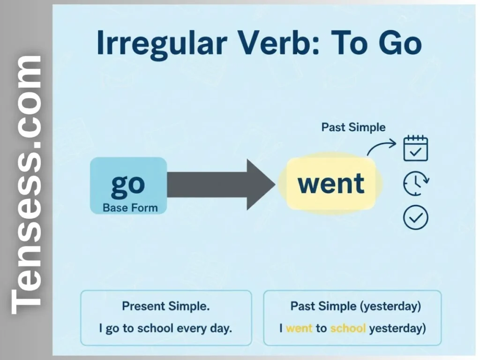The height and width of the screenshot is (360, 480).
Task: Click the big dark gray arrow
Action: pos(220,184)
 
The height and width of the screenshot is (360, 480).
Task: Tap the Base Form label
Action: pos(130,207)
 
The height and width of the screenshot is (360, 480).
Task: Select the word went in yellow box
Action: pos(331,183)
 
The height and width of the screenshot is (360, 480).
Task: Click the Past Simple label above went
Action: pos(353,127)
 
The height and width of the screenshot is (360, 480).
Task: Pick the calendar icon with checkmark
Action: pos(416,149)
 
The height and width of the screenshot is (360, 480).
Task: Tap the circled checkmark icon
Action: pos(416,217)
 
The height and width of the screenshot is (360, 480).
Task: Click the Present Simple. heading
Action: pos(166,307)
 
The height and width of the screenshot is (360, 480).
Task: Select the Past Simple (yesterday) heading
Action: pos(355,307)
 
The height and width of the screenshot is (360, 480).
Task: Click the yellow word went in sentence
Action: pos(299,328)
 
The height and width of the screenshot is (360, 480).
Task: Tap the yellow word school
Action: pos(348,328)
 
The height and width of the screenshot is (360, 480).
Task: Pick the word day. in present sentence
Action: pos(220,328)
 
